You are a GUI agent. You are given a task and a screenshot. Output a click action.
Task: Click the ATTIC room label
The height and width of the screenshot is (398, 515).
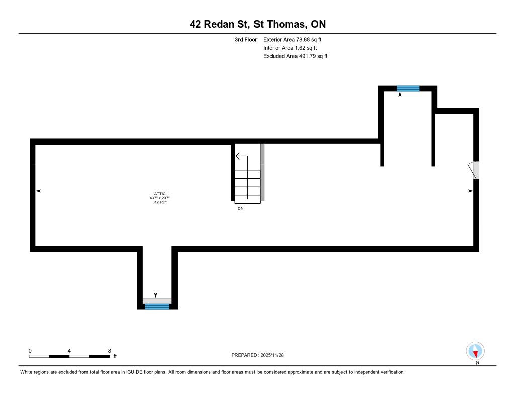[160, 194]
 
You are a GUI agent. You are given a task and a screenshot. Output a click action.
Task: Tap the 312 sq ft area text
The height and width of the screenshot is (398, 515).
[159, 202]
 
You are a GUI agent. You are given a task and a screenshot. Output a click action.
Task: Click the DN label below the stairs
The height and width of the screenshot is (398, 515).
[241, 208]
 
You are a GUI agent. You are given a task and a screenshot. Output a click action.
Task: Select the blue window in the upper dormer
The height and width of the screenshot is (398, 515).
[408, 88]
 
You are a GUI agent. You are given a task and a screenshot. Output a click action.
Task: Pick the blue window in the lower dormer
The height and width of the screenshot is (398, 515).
[157, 306]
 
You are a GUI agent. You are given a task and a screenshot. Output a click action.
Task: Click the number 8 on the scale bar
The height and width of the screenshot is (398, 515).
[109, 351]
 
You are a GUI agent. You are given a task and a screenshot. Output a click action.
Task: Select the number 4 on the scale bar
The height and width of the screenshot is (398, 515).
[69, 351]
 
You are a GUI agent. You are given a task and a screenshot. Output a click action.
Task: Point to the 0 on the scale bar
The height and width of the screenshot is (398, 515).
[30, 351]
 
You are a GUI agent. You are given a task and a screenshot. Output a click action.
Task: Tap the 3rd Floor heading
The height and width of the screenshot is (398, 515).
[246, 39]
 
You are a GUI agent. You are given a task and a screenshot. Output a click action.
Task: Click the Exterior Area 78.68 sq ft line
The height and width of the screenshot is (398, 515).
[292, 39]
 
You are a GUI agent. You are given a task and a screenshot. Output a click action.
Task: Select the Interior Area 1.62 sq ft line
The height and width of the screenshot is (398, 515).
[290, 48]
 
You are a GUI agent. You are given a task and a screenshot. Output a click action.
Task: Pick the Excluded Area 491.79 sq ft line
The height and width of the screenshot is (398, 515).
[295, 56]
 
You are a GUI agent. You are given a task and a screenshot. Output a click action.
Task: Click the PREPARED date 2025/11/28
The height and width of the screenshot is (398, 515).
[272, 355]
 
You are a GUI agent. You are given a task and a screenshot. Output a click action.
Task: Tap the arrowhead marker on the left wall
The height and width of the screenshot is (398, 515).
[38, 191]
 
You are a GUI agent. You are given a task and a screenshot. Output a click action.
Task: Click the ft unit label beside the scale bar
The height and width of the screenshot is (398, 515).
[115, 356]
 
